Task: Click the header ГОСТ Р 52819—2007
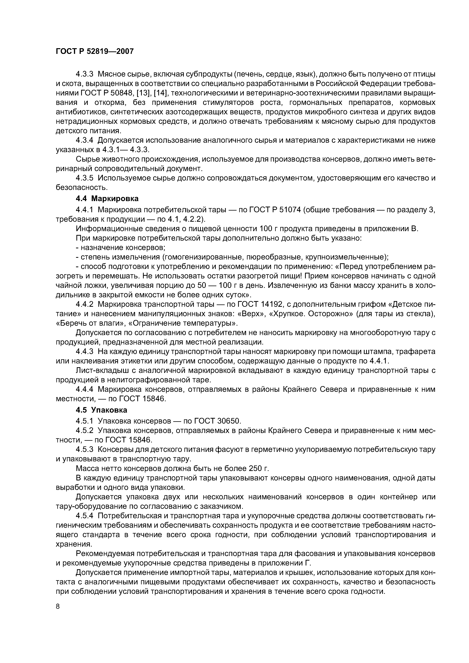click(95, 51)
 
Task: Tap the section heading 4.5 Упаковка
click(101, 410)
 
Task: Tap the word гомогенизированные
click(202, 257)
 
